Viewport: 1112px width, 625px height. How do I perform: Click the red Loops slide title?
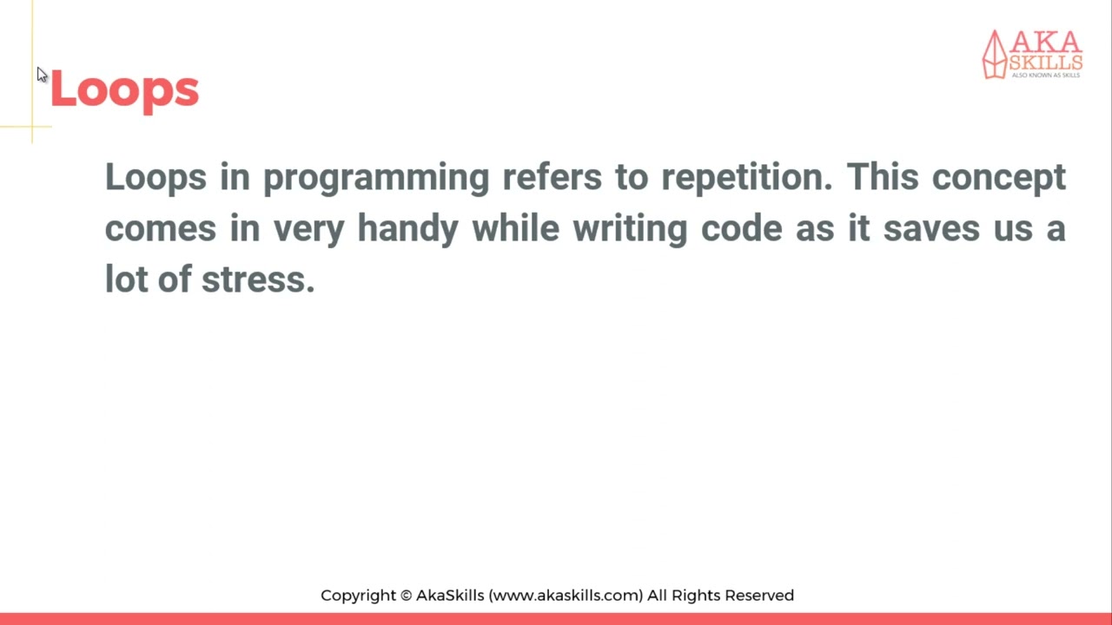124,89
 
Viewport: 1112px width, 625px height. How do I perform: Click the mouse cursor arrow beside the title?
42,75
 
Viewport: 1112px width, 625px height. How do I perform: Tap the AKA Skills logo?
1032,54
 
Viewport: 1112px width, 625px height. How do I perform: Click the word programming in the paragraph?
376,178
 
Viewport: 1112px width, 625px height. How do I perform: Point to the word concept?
998,178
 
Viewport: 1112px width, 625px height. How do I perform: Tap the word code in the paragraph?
741,228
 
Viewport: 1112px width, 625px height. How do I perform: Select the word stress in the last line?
258,280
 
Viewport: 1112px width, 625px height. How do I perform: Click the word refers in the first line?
552,177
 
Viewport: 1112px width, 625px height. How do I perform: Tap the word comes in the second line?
160,229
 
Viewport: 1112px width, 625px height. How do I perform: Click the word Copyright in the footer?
358,595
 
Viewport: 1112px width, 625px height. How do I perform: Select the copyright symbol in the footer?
406,595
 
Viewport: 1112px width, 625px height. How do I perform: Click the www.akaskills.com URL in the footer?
566,595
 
